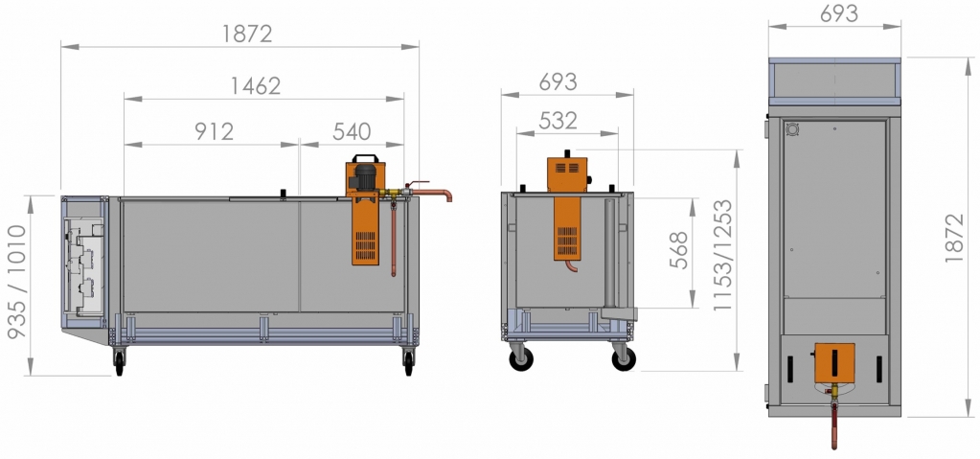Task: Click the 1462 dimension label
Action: [256, 85]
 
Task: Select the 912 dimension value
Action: [214, 131]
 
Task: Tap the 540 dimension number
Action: [352, 131]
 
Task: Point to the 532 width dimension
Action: [558, 120]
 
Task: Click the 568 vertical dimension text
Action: [679, 250]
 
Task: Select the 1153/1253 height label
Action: [723, 255]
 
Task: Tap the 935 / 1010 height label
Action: [17, 282]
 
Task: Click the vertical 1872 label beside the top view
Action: [954, 238]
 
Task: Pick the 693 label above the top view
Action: [839, 13]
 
